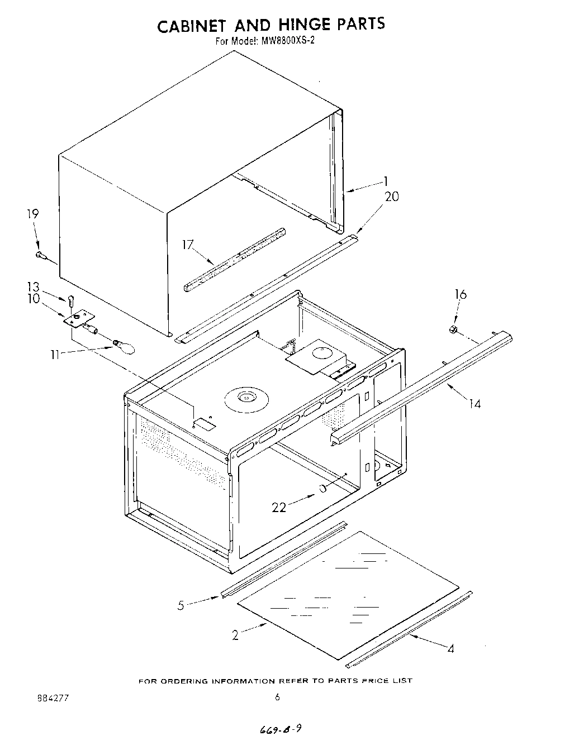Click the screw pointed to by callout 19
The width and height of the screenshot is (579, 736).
click(x=40, y=255)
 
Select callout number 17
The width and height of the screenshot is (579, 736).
click(x=188, y=244)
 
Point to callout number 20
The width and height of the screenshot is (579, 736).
click(x=392, y=196)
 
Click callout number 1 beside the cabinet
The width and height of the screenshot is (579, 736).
click(x=386, y=180)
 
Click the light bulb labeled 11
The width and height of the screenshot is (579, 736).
click(x=124, y=347)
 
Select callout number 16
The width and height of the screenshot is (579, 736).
click(x=460, y=295)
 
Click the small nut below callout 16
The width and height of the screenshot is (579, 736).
click(x=454, y=329)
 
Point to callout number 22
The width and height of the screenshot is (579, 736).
click(x=279, y=507)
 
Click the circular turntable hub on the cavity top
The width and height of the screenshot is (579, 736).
click(x=246, y=398)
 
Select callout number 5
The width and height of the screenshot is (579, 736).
click(x=181, y=605)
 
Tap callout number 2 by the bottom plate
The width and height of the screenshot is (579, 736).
click(x=235, y=634)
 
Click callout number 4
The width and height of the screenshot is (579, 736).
click(x=450, y=648)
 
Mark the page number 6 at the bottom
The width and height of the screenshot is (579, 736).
click(x=277, y=697)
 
